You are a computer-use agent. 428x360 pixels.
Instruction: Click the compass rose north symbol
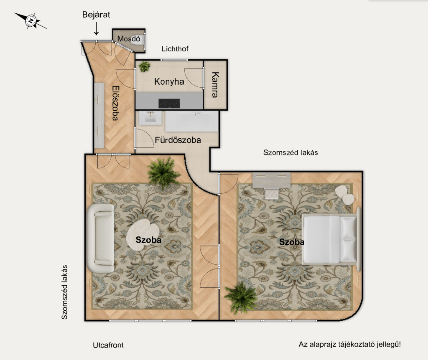pyautogui.click(x=31, y=21)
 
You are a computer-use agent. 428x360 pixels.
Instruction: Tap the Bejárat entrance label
pyautogui.click(x=96, y=15)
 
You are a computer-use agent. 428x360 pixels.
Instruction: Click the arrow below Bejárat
pyautogui.click(x=96, y=29)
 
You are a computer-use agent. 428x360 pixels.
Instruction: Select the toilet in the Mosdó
pyautogui.click(x=136, y=40)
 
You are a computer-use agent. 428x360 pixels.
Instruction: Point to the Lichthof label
pyautogui.click(x=175, y=49)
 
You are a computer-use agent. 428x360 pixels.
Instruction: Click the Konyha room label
pyautogui.click(x=169, y=81)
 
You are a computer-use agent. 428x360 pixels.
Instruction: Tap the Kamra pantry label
pyautogui.click(x=215, y=85)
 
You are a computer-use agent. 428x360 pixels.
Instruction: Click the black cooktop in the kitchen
pyautogui.click(x=169, y=103)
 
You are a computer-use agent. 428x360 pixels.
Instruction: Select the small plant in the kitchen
pyautogui.click(x=144, y=66)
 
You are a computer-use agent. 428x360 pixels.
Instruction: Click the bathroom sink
pyautogui.click(x=150, y=118)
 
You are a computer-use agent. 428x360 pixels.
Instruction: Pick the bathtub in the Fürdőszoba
pyautogui.click(x=192, y=122)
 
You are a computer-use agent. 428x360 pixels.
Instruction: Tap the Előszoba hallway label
pyautogui.click(x=116, y=103)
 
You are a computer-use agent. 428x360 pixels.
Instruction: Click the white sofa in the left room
pyautogui.click(x=100, y=238)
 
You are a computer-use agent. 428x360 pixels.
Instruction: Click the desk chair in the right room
pyautogui.click(x=272, y=194)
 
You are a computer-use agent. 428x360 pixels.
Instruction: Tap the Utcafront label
pyautogui.click(x=108, y=345)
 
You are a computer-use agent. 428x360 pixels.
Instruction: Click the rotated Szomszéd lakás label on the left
pyautogui.click(x=64, y=292)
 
